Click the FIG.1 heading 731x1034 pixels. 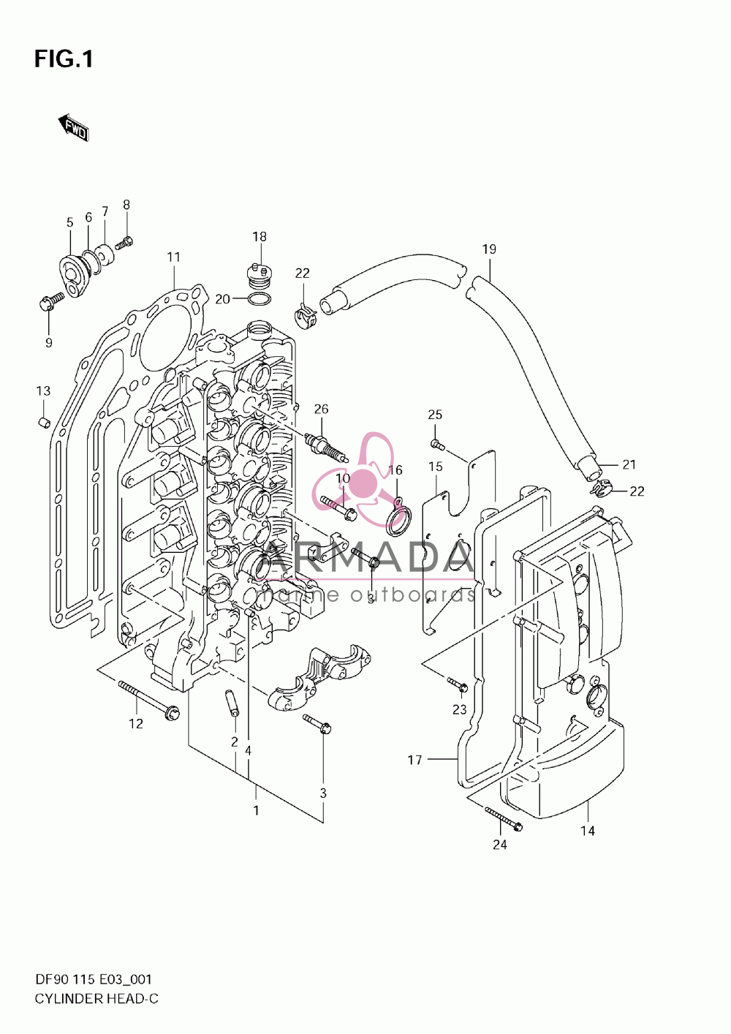click(64, 59)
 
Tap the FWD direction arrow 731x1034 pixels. click(73, 127)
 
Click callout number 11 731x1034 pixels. click(173, 257)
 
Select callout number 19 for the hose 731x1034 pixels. click(489, 249)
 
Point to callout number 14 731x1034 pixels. click(588, 831)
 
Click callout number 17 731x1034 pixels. click(415, 759)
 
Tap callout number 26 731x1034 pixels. click(321, 409)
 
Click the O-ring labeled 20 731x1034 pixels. click(260, 298)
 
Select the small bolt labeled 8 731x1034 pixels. click(124, 242)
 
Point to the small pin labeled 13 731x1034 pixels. click(45, 422)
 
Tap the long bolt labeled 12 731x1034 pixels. click(148, 701)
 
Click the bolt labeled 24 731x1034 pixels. click(504, 817)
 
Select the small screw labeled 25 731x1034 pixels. click(437, 445)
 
